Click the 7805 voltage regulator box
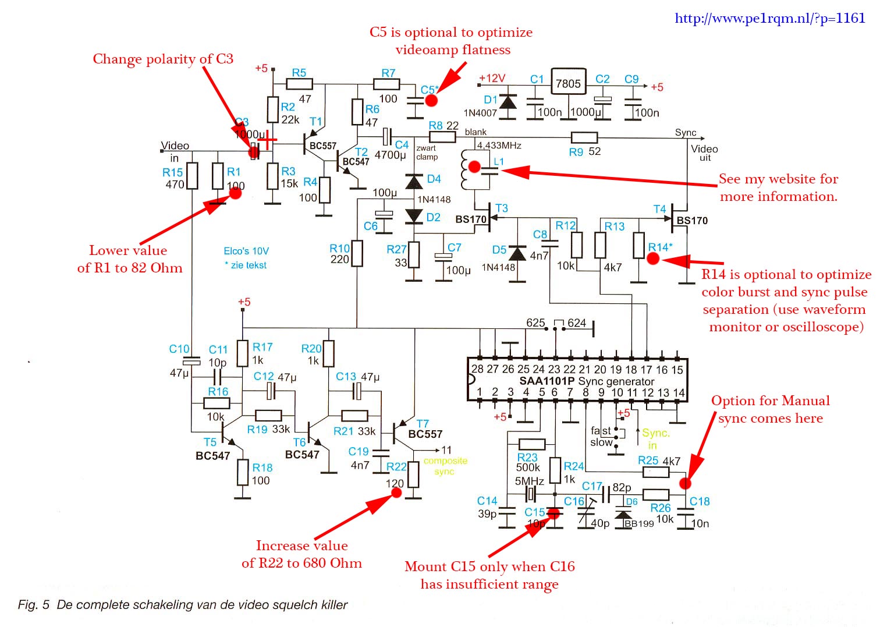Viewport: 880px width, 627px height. [567, 83]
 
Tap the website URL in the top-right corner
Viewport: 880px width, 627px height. [769, 18]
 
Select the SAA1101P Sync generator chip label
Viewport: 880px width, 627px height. [586, 381]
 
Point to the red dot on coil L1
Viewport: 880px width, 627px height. [474, 167]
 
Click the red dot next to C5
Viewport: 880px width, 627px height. [431, 100]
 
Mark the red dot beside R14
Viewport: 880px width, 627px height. [653, 258]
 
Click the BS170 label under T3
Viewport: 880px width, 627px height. [470, 219]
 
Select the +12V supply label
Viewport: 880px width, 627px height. [492, 78]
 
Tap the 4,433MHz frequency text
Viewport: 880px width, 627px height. [499, 146]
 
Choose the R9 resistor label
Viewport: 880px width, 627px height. [576, 152]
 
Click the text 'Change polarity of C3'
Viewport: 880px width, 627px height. [163, 59]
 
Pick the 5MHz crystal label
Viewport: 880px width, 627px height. [528, 481]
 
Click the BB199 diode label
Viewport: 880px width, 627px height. [639, 523]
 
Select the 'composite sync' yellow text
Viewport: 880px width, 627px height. [445, 466]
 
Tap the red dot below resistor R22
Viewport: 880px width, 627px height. [396, 493]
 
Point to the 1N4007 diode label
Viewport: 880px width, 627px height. [480, 113]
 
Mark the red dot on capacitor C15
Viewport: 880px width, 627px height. [553, 513]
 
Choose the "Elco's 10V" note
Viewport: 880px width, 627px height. [246, 251]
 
